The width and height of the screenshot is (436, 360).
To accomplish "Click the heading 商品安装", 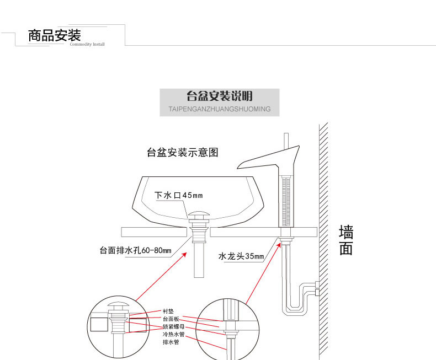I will tap(55, 36).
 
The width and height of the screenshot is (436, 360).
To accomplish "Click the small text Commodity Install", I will tap(87, 45).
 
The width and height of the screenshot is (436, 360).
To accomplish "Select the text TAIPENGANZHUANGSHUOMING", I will tap(219, 109).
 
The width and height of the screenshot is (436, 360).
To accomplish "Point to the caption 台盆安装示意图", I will tap(183, 152).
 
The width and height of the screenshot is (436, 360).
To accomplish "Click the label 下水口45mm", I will tap(178, 195).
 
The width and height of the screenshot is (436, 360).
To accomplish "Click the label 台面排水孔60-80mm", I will tap(135, 251).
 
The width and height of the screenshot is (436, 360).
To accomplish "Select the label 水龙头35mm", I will tap(241, 256).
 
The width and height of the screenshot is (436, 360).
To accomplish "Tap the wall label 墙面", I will tap(346, 240).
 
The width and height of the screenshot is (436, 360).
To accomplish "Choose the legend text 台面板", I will tap(170, 319).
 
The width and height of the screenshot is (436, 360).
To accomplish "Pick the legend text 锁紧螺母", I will tap(173, 327).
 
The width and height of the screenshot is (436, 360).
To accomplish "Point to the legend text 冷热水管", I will tap(173, 335).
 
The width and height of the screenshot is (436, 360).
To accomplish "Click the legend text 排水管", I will tap(170, 342).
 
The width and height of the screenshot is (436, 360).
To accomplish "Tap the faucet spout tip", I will tap(240, 165).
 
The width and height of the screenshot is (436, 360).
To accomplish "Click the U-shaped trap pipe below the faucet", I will tap(295, 309).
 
